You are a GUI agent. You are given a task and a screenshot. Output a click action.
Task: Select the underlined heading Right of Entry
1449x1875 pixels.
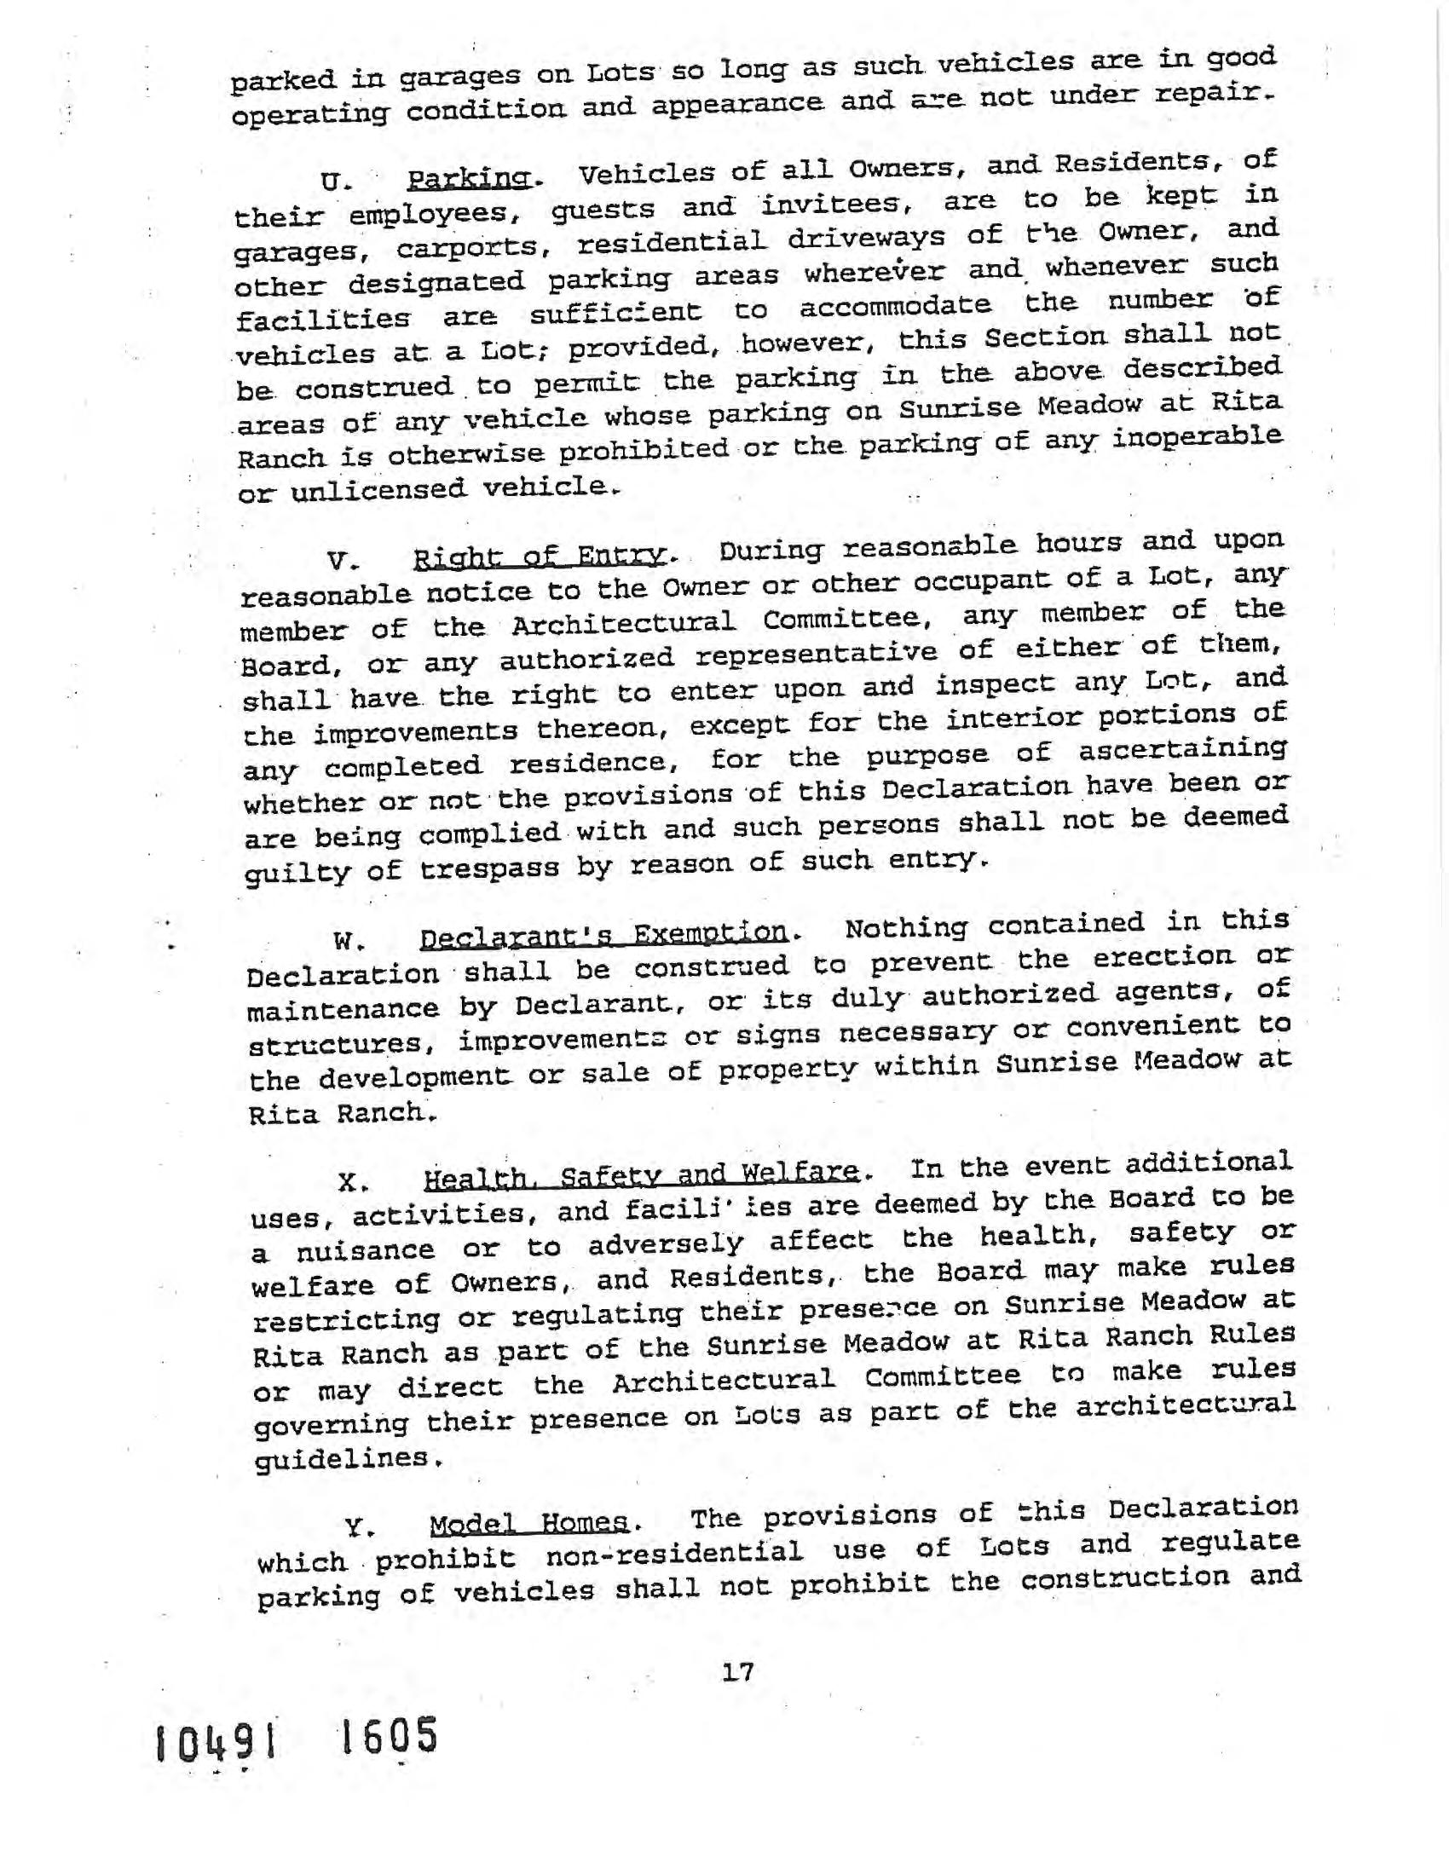(540, 557)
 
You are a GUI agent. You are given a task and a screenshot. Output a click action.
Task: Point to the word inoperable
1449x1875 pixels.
(1198, 438)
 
